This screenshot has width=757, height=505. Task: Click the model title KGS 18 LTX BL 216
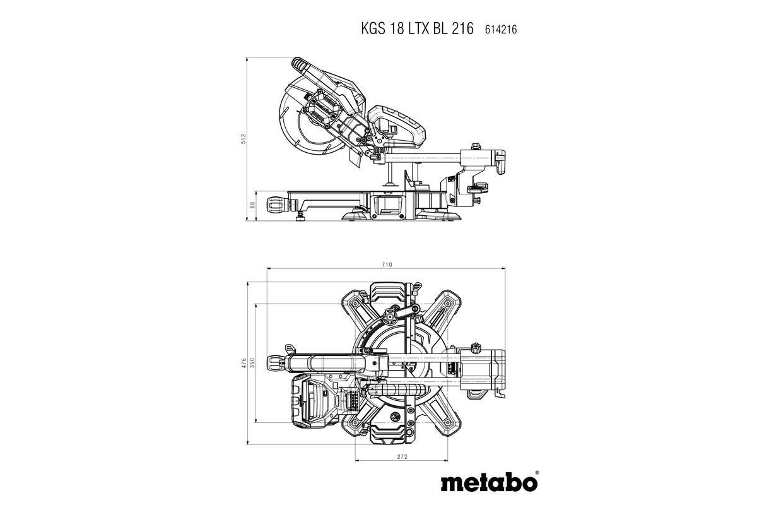coord(416,28)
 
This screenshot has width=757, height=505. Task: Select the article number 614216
coord(501,29)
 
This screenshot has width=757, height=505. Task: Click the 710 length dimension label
coord(387,264)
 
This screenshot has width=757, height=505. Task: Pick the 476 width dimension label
coord(244,364)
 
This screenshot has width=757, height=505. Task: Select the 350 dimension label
coord(252,364)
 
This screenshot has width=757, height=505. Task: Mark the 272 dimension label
coord(402,456)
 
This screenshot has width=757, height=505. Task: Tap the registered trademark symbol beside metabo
coord(537,472)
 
